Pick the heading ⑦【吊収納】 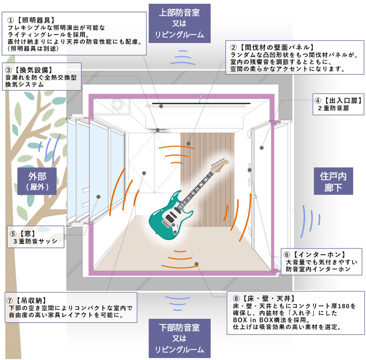coord(27,299)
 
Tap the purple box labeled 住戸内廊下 coord(333,181)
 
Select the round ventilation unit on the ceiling coord(117,104)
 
